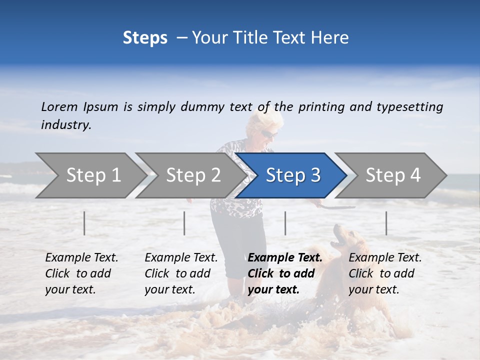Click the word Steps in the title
pos(145,38)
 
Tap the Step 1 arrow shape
pos(93,175)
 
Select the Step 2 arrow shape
pos(193,175)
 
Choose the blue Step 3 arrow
pos(292,175)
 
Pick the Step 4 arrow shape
pos(392,175)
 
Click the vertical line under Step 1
pos(84,223)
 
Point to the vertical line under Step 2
pos(184,223)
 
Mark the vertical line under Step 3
pos(285,223)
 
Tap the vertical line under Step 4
pos(386,223)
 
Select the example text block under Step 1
pos(81,273)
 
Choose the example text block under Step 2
pos(181,273)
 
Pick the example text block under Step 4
pos(385,273)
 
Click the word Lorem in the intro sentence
pos(59,107)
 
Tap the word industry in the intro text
pos(65,125)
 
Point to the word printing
pos(320,107)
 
